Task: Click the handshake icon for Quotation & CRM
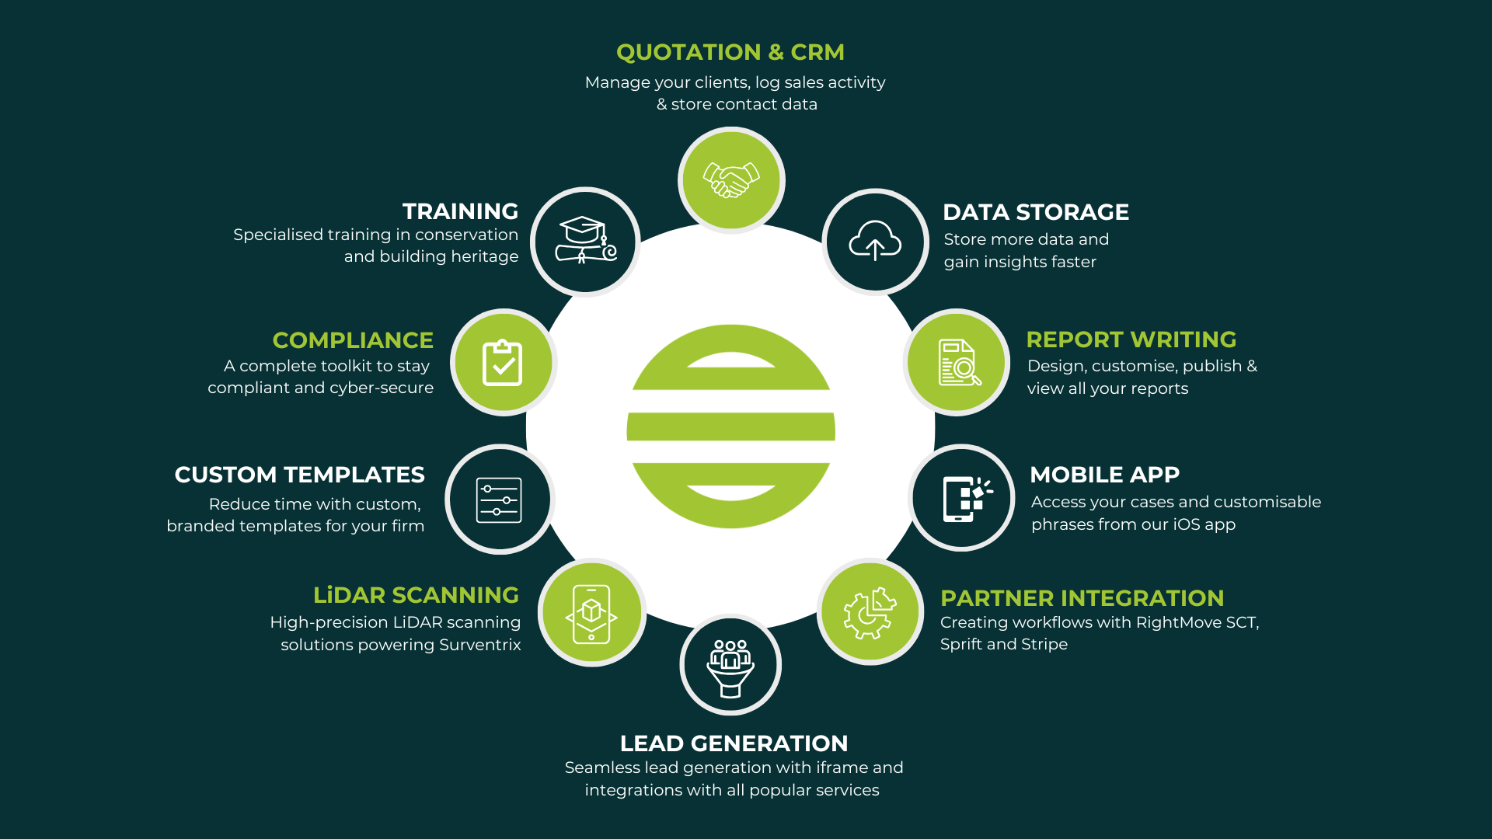(x=730, y=179)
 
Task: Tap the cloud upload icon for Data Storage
(x=875, y=242)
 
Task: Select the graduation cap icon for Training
(x=585, y=242)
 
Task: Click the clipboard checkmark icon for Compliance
(x=503, y=363)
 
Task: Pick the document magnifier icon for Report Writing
(x=958, y=363)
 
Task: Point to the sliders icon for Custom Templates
(x=499, y=500)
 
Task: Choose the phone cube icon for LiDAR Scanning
(x=591, y=613)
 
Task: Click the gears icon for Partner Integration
(x=870, y=612)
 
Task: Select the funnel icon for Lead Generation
(x=730, y=667)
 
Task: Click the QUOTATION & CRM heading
(x=730, y=52)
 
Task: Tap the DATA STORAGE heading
(x=1035, y=212)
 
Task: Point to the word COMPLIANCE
(x=353, y=340)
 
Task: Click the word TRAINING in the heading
(x=460, y=211)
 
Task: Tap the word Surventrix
(x=480, y=645)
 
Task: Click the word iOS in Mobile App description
(x=1187, y=524)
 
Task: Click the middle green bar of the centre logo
(x=730, y=427)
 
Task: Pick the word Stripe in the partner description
(x=1044, y=644)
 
